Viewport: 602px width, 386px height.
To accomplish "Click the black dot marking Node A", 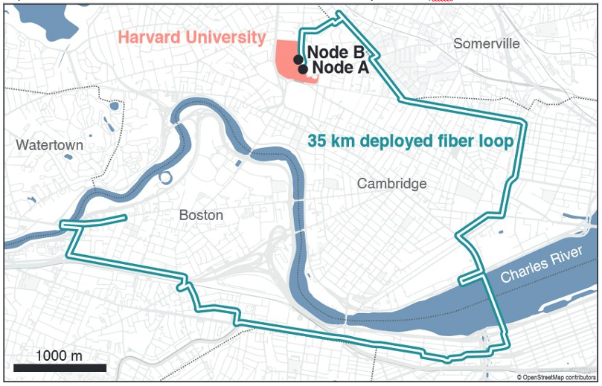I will pyautogui.click(x=304, y=69).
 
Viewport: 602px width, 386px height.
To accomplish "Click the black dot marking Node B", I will pyautogui.click(x=298, y=59).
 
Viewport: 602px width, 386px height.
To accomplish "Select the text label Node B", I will pyautogui.click(x=336, y=53).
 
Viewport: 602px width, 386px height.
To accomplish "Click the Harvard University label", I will pyautogui.click(x=192, y=37).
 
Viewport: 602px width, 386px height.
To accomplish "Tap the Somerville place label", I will pyautogui.click(x=487, y=44).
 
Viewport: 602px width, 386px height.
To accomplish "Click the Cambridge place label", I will pyautogui.click(x=391, y=184).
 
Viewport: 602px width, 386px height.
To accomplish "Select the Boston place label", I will pyautogui.click(x=201, y=215).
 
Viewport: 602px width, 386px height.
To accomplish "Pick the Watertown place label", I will pyautogui.click(x=50, y=144).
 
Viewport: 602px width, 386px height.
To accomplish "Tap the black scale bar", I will pyautogui.click(x=60, y=367).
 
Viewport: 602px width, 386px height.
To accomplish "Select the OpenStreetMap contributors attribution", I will pyautogui.click(x=557, y=378).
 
